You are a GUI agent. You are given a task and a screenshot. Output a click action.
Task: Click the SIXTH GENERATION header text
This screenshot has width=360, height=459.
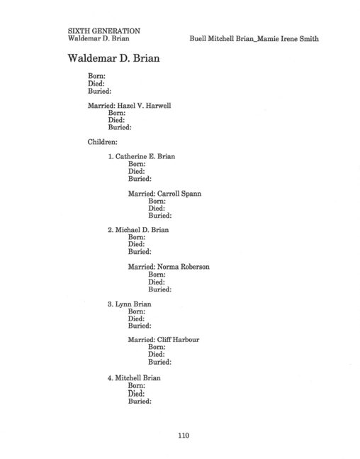coord(103,31)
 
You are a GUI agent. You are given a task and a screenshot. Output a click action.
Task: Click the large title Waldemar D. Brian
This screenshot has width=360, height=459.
coord(113,58)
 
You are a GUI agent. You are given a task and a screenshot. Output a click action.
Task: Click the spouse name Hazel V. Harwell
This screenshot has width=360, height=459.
coord(144,106)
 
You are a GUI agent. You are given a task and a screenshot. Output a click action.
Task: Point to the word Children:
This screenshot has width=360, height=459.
coord(102,142)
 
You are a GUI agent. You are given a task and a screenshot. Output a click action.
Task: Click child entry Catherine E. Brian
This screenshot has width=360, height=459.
coord(142,156)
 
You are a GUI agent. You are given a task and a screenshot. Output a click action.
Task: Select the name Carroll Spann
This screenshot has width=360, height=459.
coord(179,194)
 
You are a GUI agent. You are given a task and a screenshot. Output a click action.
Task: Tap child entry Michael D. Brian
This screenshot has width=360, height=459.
coord(138,230)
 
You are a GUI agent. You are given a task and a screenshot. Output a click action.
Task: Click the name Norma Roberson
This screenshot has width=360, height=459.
coord(183,267)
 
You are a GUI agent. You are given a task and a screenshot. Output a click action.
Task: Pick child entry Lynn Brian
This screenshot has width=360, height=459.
coord(129,304)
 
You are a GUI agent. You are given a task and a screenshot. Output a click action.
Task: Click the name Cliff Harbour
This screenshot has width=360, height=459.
coord(178,340)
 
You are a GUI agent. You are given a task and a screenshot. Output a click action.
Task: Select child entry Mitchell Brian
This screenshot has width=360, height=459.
coord(134,378)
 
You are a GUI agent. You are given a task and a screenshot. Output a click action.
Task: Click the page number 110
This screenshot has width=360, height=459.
coord(184,436)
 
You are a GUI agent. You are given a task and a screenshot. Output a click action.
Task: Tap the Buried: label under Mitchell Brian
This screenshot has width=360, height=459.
coord(140,401)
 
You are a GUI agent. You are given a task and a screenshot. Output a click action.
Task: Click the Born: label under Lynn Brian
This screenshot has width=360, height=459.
coord(137,311)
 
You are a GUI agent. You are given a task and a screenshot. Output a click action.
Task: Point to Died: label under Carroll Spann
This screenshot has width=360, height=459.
coord(157,209)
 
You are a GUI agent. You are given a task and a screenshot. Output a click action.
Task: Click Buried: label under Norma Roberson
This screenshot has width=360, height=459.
coord(159,289)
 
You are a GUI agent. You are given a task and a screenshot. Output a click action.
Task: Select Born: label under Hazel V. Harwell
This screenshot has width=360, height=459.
coord(117,113)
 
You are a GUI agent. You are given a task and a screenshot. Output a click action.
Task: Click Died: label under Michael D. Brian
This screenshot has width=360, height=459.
coord(136,244)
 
